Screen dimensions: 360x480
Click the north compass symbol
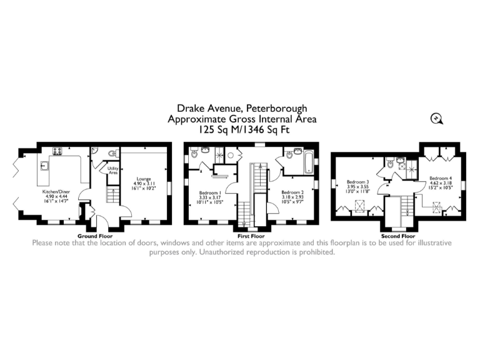pyautogui.click(x=435, y=118)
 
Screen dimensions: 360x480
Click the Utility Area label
pyautogui.click(x=113, y=169)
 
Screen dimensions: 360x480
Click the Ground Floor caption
pyautogui.click(x=94, y=236)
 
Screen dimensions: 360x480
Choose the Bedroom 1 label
pyautogui.click(x=209, y=192)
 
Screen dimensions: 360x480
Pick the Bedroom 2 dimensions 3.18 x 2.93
pyautogui.click(x=292, y=197)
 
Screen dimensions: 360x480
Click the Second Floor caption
pyautogui.click(x=398, y=237)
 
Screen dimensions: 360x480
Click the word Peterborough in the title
pyautogui.click(x=275, y=109)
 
